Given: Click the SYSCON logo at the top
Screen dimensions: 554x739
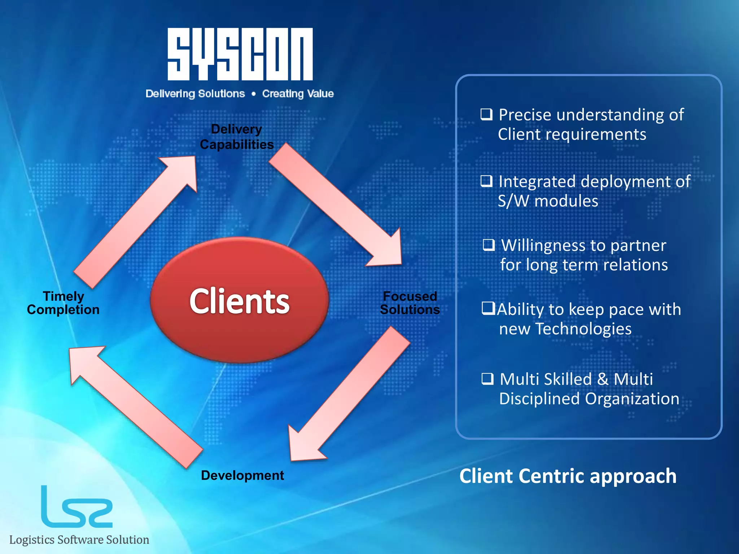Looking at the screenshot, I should coord(240,54).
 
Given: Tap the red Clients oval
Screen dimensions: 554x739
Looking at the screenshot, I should coord(239,300).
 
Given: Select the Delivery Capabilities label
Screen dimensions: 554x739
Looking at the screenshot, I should coord(237,137).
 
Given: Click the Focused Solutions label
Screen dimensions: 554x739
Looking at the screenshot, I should coord(410,303).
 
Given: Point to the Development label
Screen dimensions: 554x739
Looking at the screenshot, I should coord(242,475).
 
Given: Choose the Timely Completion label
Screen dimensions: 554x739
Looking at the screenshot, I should coord(63,303).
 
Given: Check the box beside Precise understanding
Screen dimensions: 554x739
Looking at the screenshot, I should coord(486,114).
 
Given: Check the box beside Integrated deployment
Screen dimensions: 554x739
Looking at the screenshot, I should coord(486,181).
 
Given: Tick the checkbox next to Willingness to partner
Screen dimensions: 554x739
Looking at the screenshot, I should coord(489,245).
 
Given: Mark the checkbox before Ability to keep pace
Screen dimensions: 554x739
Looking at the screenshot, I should coord(488,309).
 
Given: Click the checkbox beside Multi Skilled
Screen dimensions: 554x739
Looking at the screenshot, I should coord(487,379).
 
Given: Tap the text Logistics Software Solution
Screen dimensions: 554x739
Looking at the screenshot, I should coord(79,540).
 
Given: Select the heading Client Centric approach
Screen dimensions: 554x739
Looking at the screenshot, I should coord(568,476).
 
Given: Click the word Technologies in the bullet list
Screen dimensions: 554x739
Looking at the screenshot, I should coord(583,329).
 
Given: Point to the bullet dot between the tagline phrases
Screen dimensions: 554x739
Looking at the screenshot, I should coord(254,94).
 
